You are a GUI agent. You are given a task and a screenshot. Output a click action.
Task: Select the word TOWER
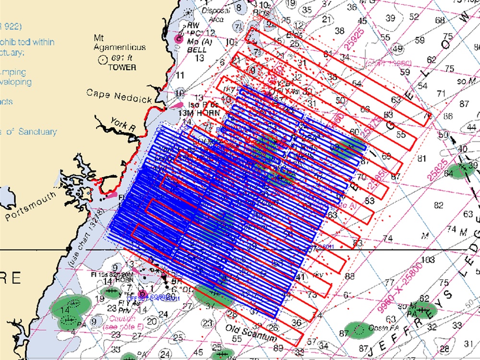pos(122,67)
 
